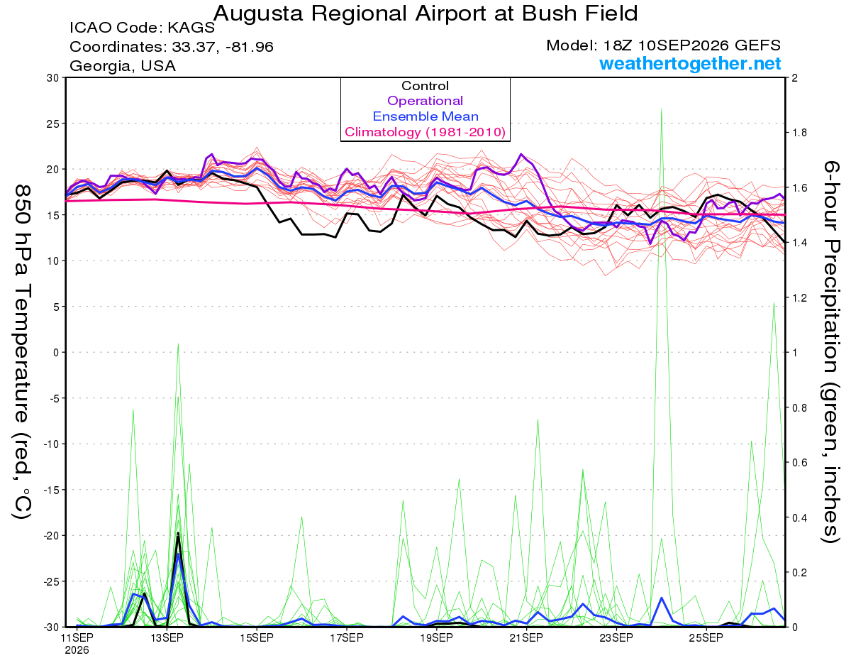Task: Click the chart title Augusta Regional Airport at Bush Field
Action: click(425, 13)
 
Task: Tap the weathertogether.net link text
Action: click(690, 63)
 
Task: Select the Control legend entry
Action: click(425, 86)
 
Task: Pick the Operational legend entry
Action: click(425, 101)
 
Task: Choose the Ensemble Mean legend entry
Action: click(425, 116)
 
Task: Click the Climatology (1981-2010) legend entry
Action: click(425, 132)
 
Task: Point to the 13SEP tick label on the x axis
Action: click(167, 638)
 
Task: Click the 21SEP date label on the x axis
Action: click(526, 638)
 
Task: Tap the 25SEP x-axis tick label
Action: click(706, 638)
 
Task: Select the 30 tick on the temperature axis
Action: click(53, 78)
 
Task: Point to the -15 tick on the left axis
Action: click(50, 490)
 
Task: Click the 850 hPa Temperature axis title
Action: click(22, 352)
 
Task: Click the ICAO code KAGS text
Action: click(142, 28)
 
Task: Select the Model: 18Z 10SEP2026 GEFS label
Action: click(663, 45)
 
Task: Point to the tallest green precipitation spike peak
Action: click(662, 109)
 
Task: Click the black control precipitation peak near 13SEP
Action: click(178, 533)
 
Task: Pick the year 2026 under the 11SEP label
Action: click(77, 651)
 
